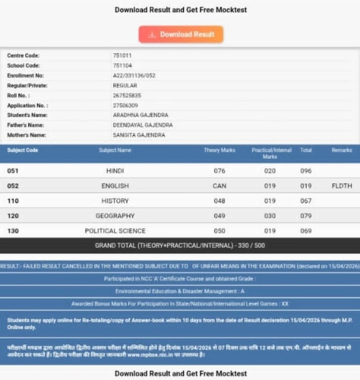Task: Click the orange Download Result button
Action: tap(181, 35)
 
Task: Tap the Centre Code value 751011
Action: tap(122, 55)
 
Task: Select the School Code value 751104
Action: tap(122, 65)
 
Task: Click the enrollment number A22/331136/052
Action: tap(134, 75)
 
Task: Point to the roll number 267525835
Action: tap(127, 96)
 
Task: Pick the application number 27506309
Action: tap(125, 106)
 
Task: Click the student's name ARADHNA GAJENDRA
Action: tap(140, 115)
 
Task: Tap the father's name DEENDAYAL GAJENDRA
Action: tap(143, 125)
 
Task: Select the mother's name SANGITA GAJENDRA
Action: tap(139, 135)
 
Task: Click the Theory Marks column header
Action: tap(219, 150)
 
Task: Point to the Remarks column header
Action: tap(341, 150)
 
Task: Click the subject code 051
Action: tap(13, 171)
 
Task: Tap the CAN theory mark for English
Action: tap(219, 186)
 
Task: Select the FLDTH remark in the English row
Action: tap(342, 186)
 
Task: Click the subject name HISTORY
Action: tap(115, 201)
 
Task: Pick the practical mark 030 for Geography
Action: tap(270, 216)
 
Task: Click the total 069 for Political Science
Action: tap(306, 231)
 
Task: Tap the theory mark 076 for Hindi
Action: tap(219, 171)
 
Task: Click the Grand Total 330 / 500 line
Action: tap(180, 246)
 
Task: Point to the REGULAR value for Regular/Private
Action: tap(125, 85)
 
